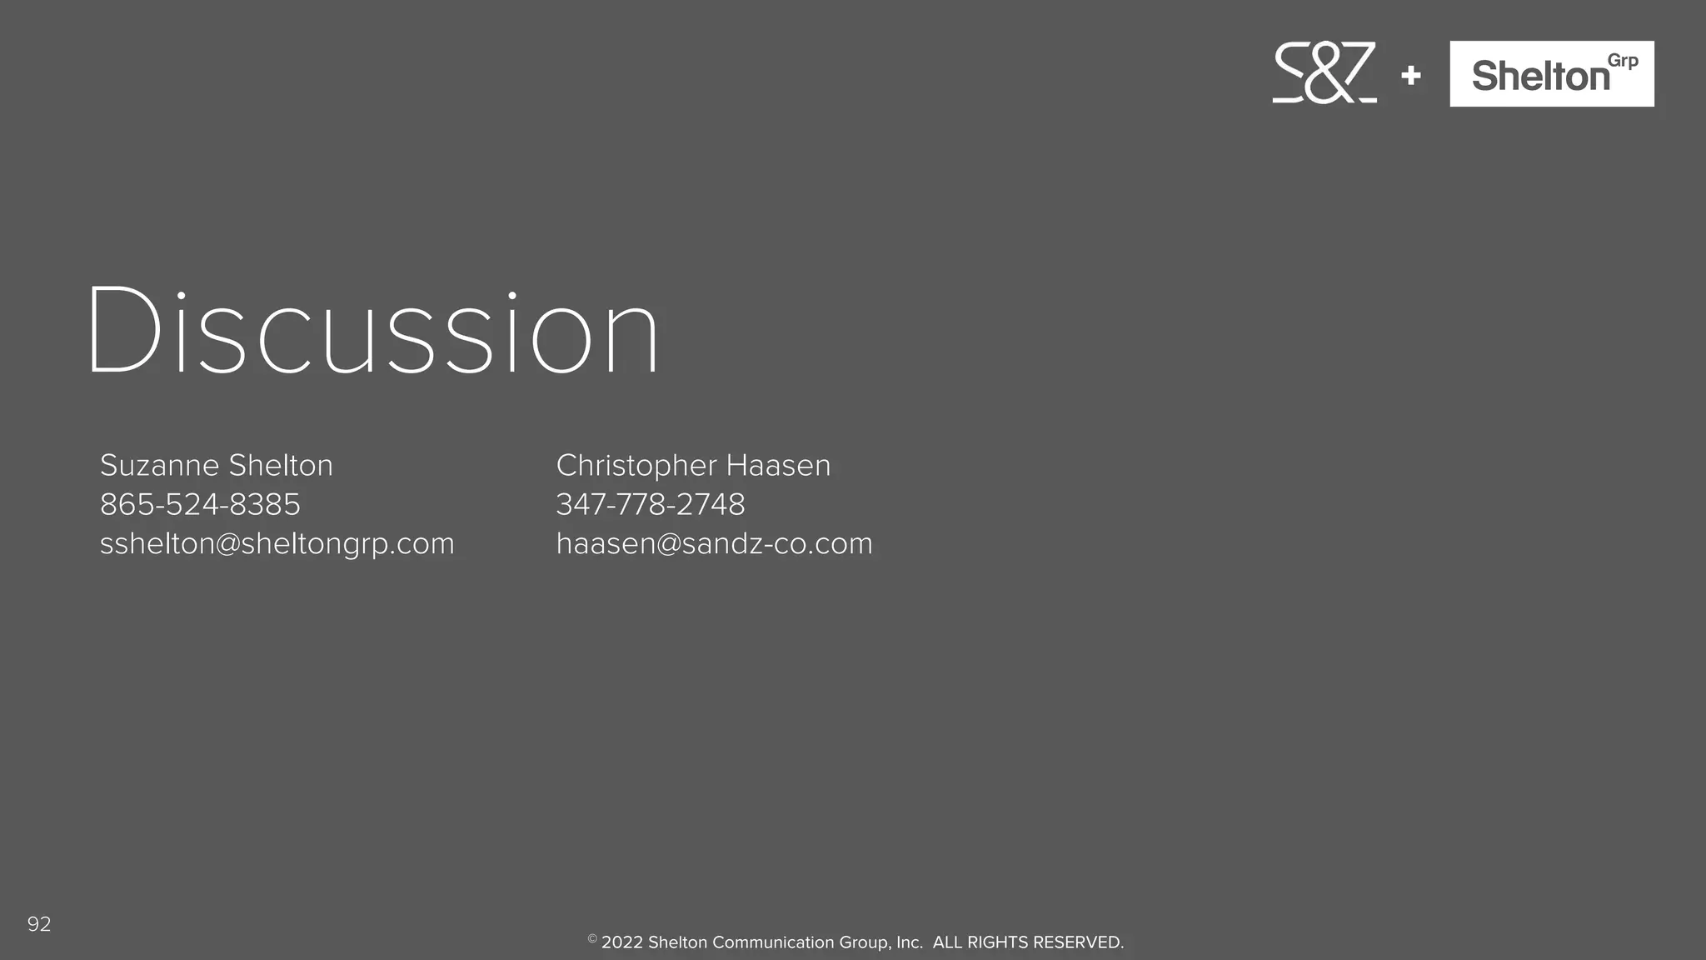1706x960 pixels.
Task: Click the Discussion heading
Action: pos(373,332)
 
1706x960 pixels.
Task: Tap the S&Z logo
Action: pos(1324,73)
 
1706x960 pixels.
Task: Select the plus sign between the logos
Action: pos(1411,76)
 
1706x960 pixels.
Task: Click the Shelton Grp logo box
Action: pos(1551,73)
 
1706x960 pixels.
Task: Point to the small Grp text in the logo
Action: pos(1623,62)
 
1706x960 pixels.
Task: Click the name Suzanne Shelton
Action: pos(216,465)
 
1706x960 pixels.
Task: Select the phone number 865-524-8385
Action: pos(200,504)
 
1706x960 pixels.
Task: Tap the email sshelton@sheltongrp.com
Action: pos(277,543)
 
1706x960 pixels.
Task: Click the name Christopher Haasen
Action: pos(693,465)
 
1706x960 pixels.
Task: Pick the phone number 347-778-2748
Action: pos(651,504)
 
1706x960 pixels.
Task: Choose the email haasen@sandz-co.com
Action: pos(714,543)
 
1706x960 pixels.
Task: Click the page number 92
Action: pos(39,923)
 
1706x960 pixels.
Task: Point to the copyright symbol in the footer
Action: pos(592,939)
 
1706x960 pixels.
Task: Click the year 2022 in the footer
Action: pos(621,942)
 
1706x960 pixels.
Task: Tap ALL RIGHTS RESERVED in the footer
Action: pos(1028,942)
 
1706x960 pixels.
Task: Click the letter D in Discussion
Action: pos(123,332)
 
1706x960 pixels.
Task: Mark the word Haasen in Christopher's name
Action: pos(778,465)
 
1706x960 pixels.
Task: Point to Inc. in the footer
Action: pos(910,942)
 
